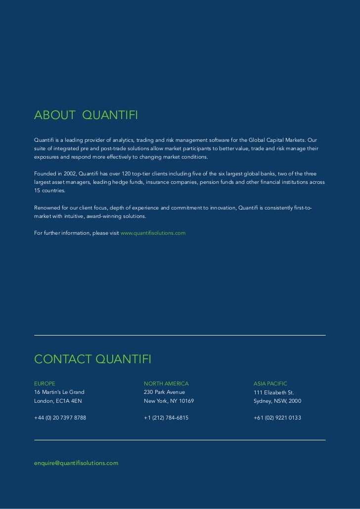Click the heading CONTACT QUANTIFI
coord(92,359)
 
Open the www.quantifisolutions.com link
coord(153,232)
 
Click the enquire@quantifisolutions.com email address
coord(76,463)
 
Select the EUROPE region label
coord(45,383)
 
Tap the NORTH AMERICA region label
coord(166,383)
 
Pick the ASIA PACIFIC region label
coord(270,383)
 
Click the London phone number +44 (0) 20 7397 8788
coord(60,418)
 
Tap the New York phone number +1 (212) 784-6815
coord(166,418)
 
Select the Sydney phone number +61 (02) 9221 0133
coord(277,418)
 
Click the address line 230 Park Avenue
coord(164,392)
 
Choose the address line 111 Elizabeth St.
coord(273,393)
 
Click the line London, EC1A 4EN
coord(58,401)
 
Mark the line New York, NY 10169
coord(169,401)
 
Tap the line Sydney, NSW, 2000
coord(277,401)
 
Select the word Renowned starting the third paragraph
coord(46,208)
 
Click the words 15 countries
coord(49,190)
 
